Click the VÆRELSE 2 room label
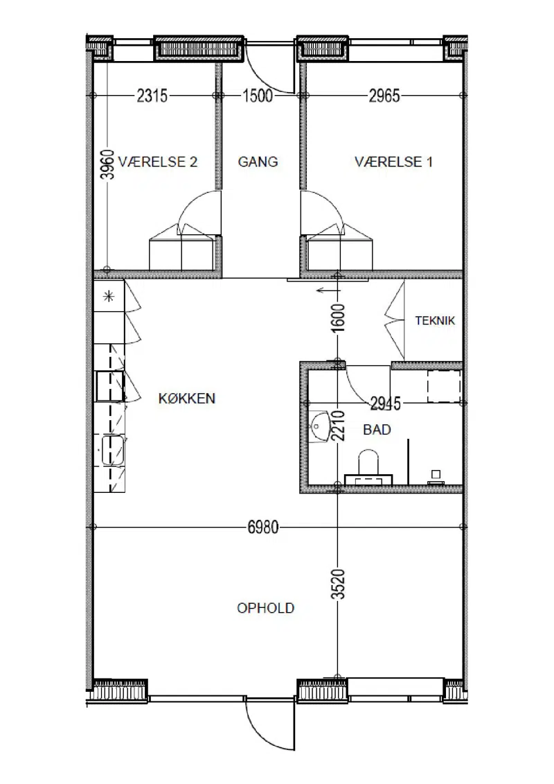(158, 162)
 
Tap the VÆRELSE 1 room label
(393, 162)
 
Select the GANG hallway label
(258, 162)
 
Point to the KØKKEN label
(187, 399)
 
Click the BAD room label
(377, 430)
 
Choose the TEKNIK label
(435, 320)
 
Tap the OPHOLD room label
(266, 608)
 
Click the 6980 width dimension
(263, 527)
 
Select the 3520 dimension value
(339, 584)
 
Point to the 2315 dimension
(152, 96)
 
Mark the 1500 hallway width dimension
(258, 96)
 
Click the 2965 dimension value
(384, 96)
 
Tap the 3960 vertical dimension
(107, 164)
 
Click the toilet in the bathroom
(368, 467)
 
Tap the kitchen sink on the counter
(114, 451)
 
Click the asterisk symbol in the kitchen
(109, 297)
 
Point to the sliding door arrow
(328, 290)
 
